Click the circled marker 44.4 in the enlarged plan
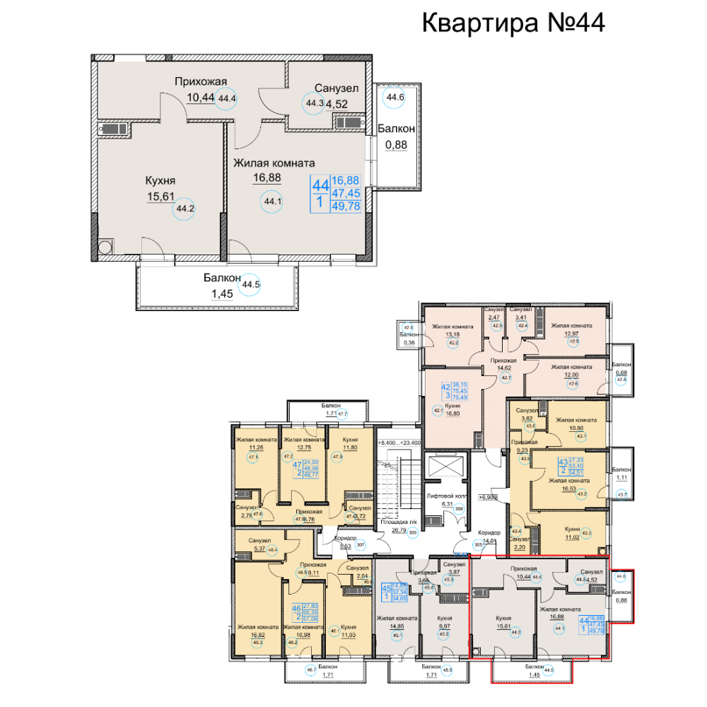227,98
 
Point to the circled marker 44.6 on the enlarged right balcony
395,98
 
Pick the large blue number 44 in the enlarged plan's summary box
320,185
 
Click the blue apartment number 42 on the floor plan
446,387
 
